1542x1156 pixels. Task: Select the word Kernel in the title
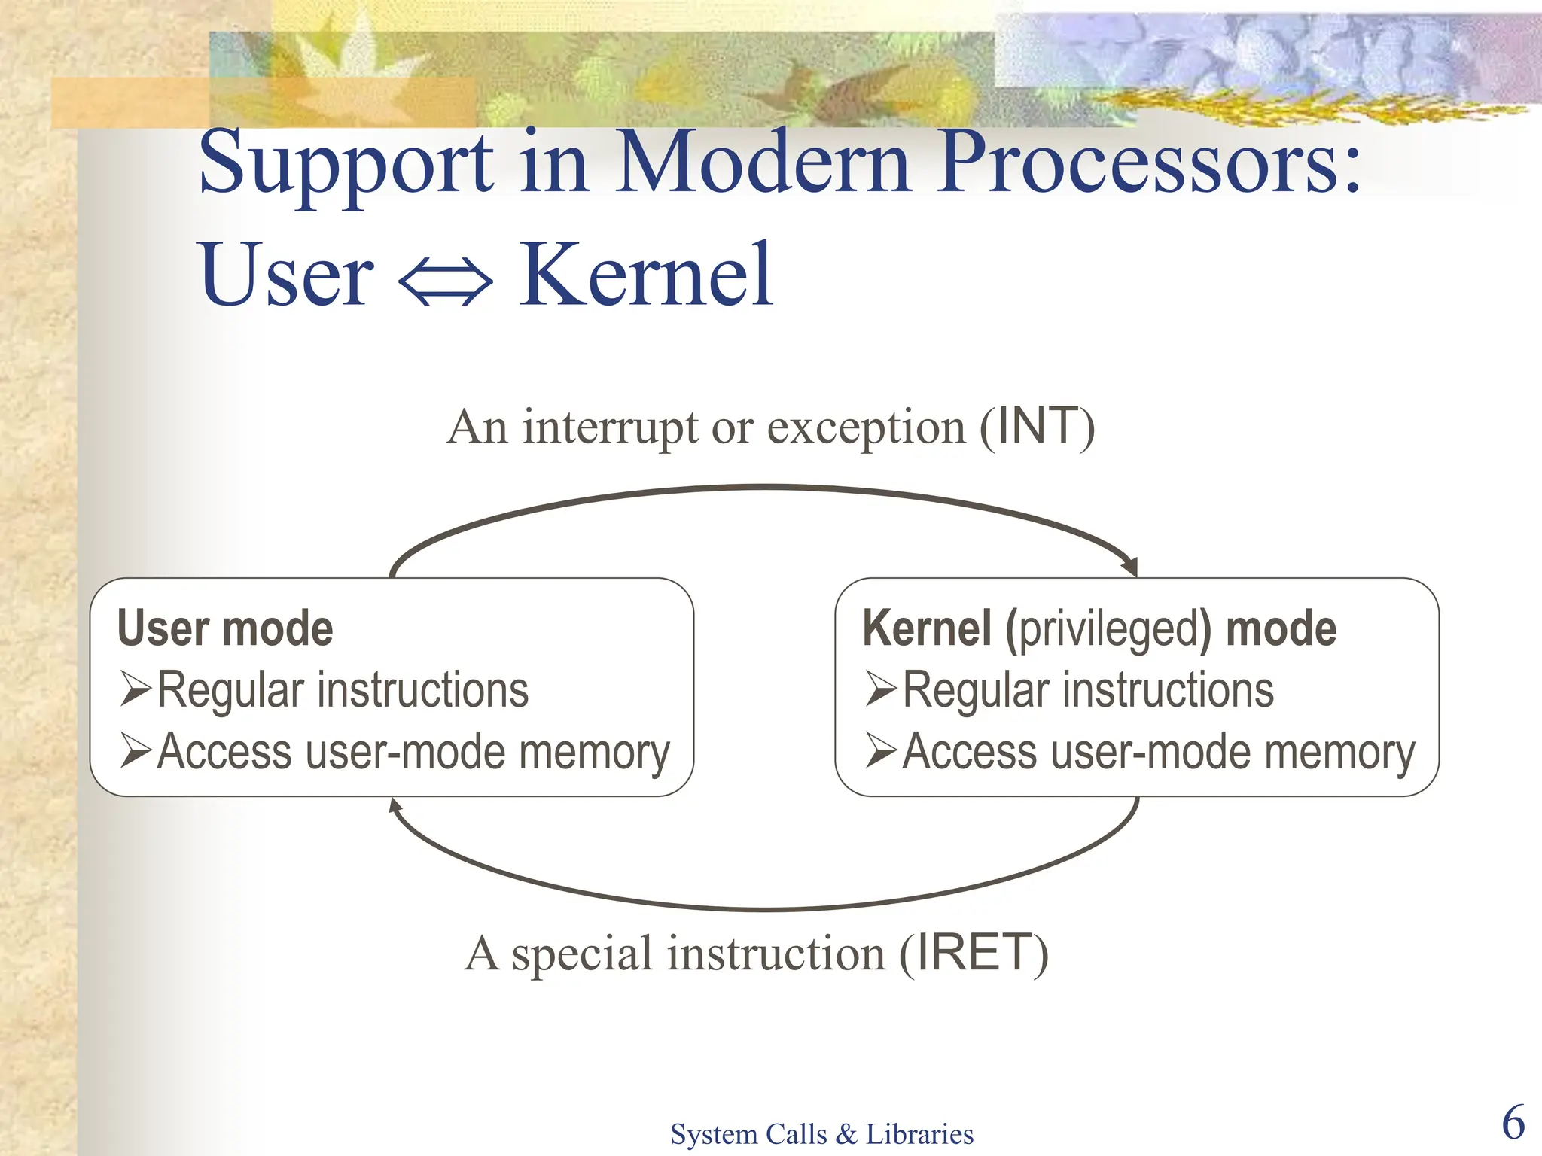point(646,275)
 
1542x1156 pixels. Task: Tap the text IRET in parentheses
point(974,953)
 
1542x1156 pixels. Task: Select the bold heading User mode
point(225,628)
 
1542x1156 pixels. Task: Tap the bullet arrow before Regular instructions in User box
point(136,689)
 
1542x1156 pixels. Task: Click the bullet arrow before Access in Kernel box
point(881,750)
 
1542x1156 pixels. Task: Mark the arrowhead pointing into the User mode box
point(395,806)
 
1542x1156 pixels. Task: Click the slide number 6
point(1513,1122)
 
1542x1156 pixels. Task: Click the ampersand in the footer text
point(846,1134)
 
